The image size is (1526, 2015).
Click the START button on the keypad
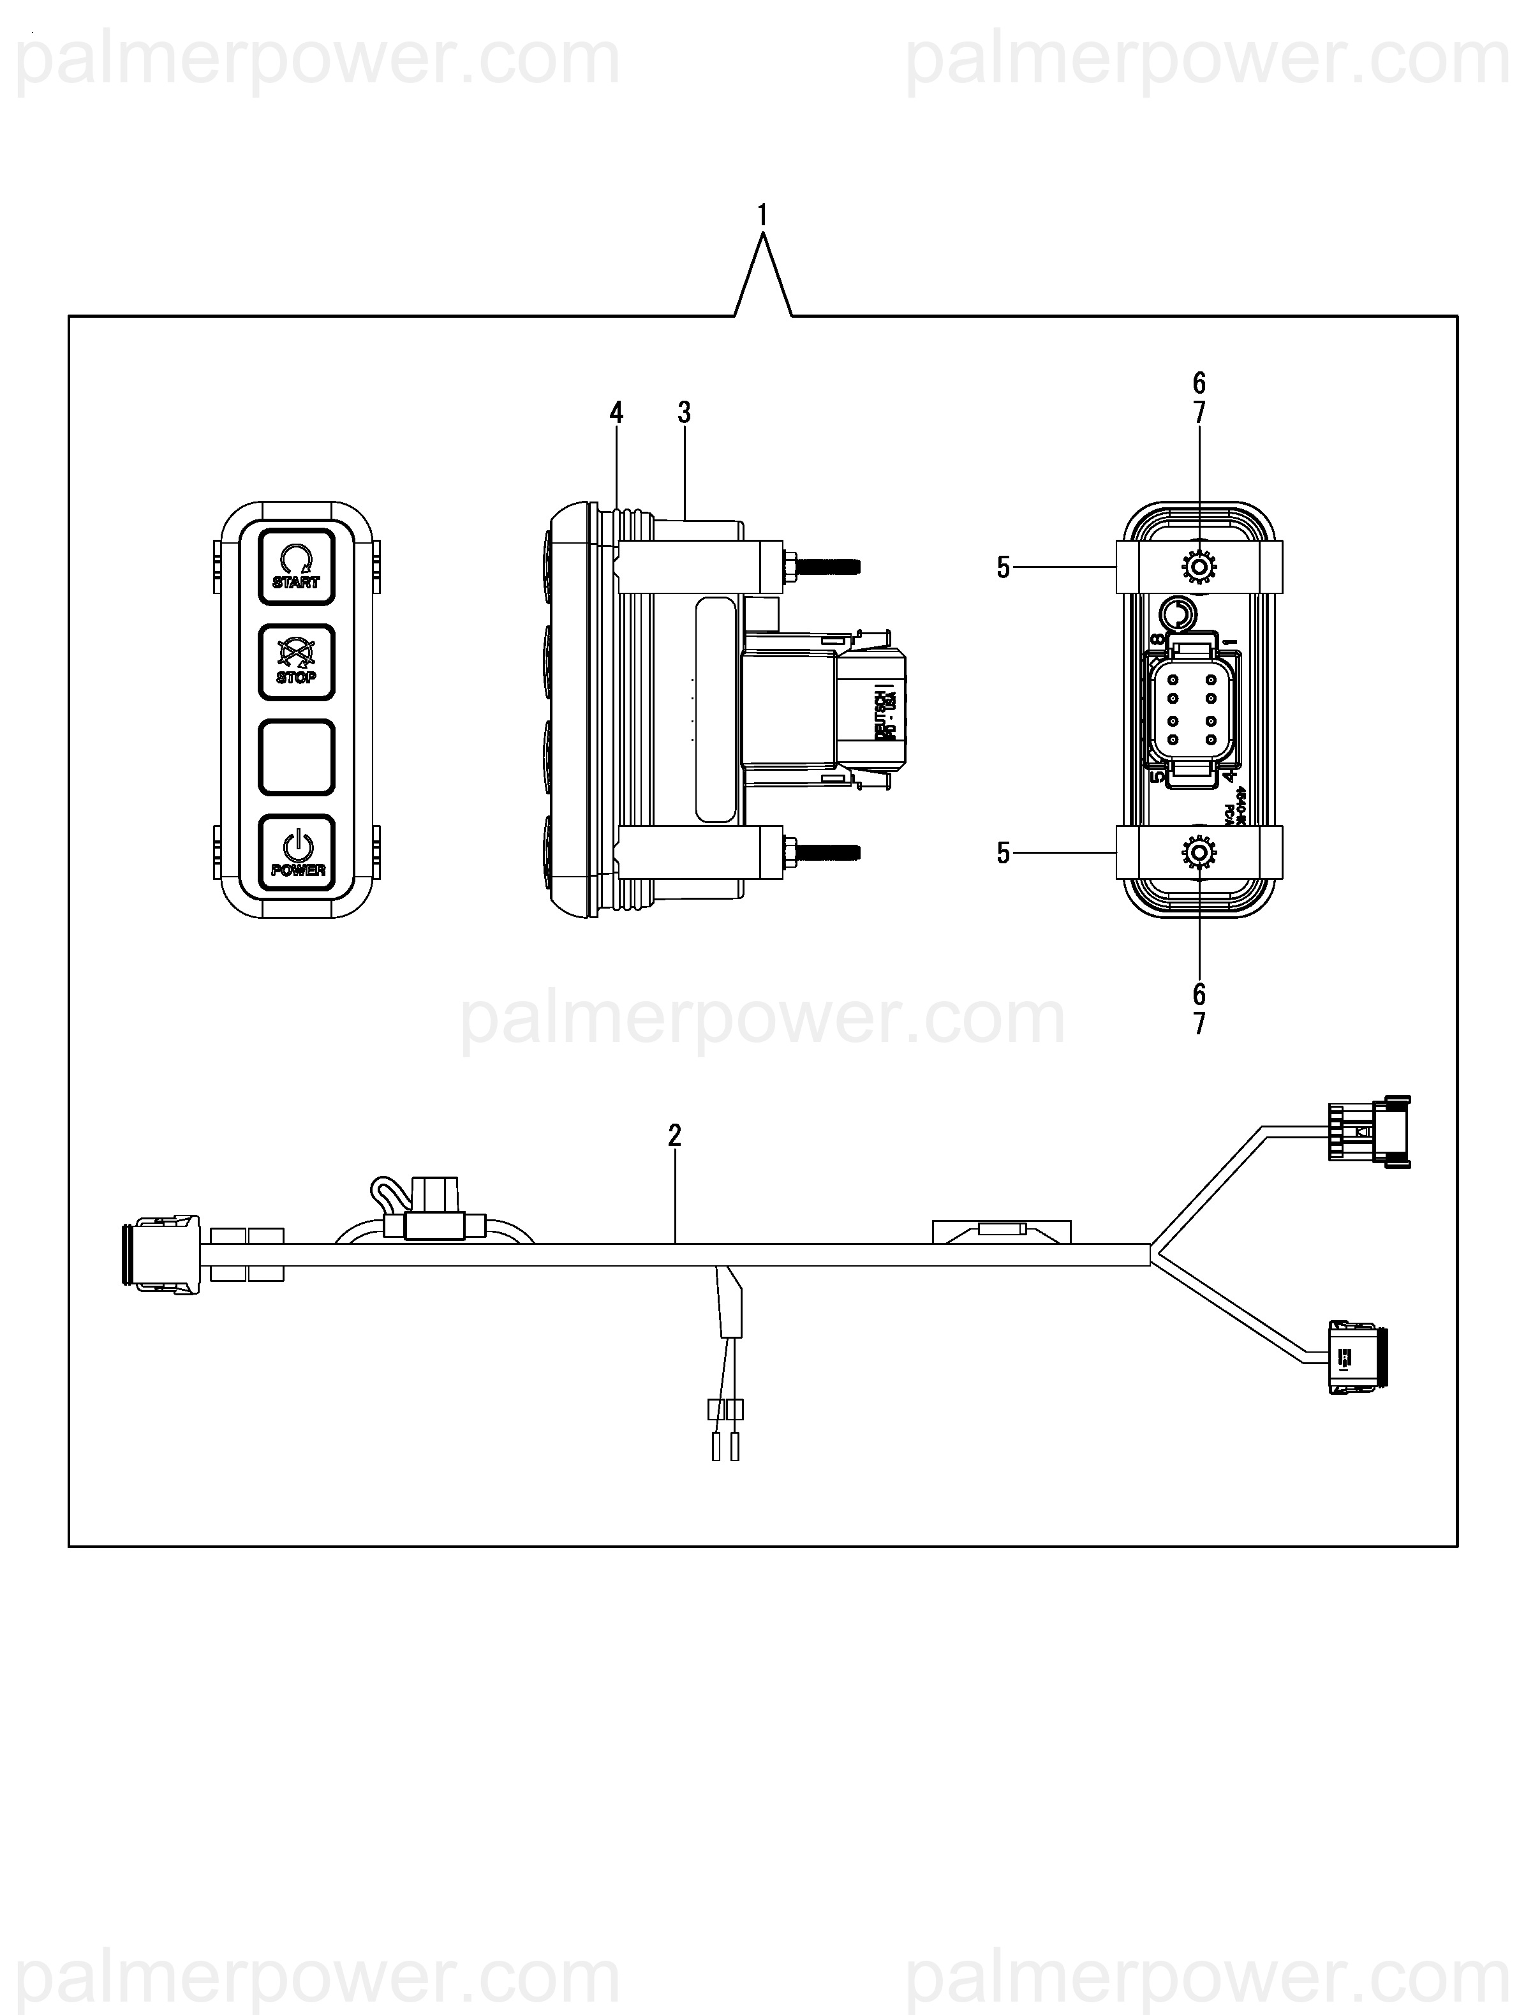pyautogui.click(x=296, y=567)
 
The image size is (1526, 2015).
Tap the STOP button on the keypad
pyautogui.click(x=296, y=661)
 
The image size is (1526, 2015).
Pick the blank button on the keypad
pyautogui.click(x=296, y=757)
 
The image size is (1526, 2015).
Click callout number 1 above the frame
pyautogui.click(x=762, y=216)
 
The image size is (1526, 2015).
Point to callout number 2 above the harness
pyautogui.click(x=674, y=1135)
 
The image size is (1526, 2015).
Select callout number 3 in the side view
pyautogui.click(x=684, y=413)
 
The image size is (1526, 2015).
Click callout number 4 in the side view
pyautogui.click(x=617, y=413)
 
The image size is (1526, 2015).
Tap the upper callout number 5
pyautogui.click(x=1003, y=567)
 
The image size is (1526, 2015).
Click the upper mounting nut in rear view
pyautogui.click(x=1198, y=567)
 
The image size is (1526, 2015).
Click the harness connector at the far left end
pyautogui.click(x=160, y=1253)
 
